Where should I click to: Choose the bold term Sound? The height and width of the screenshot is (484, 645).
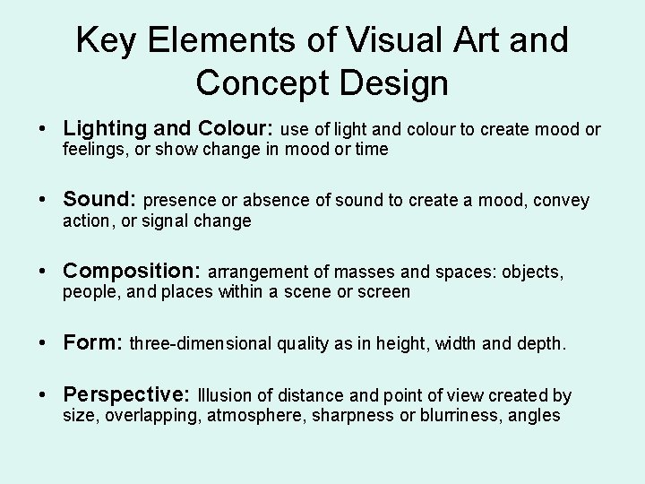point(100,199)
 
